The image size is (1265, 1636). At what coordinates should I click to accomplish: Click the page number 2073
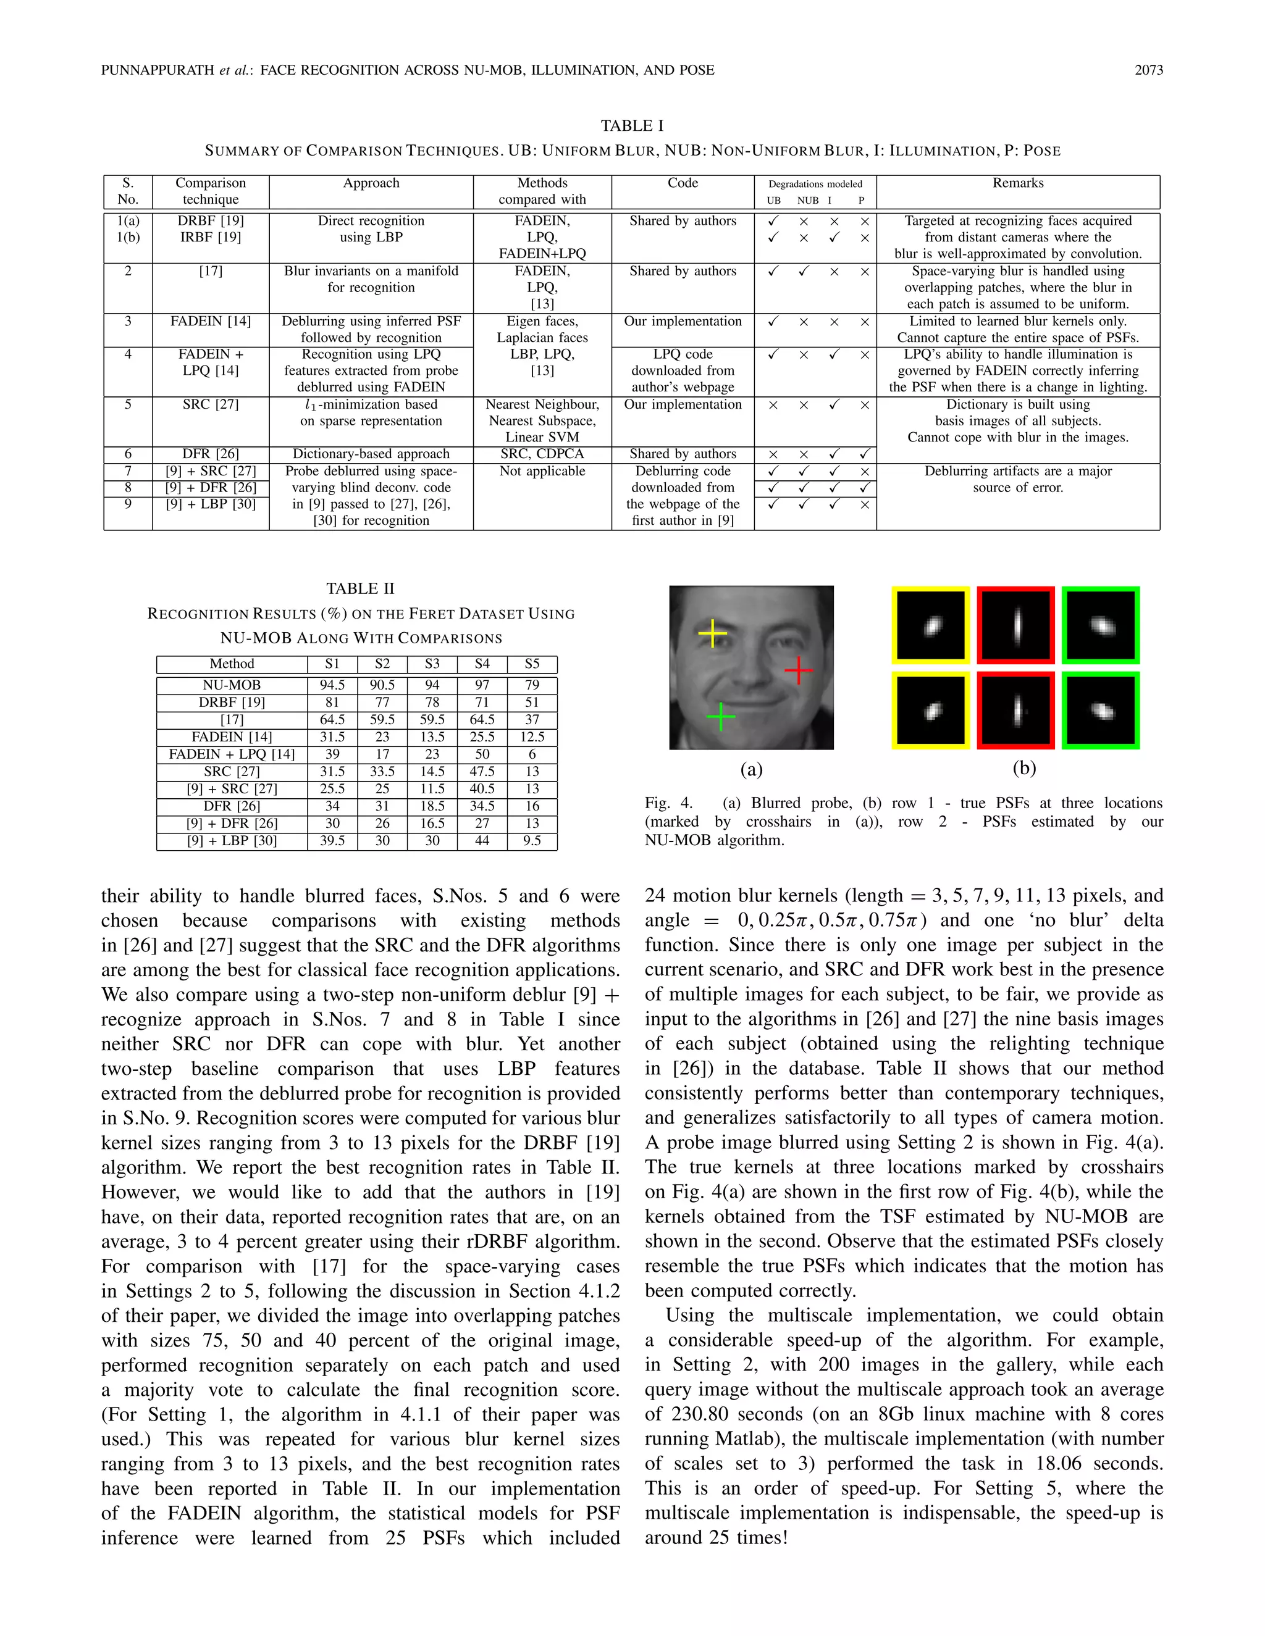pyautogui.click(x=1148, y=70)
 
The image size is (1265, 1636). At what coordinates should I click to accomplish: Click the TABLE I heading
pyautogui.click(x=632, y=126)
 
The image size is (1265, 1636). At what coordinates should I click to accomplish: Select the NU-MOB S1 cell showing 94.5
pyautogui.click(x=332, y=685)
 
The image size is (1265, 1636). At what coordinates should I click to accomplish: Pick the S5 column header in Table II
pyautogui.click(x=531, y=664)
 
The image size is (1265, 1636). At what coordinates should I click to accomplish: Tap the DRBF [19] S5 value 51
pyautogui.click(x=531, y=702)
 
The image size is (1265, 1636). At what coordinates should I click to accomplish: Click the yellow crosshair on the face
pyautogui.click(x=712, y=634)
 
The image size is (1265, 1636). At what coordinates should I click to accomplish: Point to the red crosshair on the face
pyautogui.click(x=799, y=670)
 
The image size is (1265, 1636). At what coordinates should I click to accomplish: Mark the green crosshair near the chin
pyautogui.click(x=720, y=717)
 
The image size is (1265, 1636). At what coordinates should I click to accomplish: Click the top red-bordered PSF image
pyautogui.click(x=1016, y=625)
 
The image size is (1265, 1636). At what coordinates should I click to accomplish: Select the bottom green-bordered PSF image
pyautogui.click(x=1100, y=710)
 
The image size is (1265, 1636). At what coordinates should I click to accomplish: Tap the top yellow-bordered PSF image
pyautogui.click(x=931, y=625)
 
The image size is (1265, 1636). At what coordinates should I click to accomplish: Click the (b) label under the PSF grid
pyautogui.click(x=1023, y=768)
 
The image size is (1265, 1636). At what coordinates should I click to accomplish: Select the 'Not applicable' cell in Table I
pyautogui.click(x=542, y=471)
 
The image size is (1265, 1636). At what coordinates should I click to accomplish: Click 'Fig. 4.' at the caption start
pyautogui.click(x=668, y=803)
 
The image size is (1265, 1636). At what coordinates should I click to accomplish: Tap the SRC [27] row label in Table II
pyautogui.click(x=232, y=771)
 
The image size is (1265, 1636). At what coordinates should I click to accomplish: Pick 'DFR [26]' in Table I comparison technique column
pyautogui.click(x=211, y=454)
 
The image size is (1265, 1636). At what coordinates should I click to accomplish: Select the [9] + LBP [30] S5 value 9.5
pyautogui.click(x=531, y=840)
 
